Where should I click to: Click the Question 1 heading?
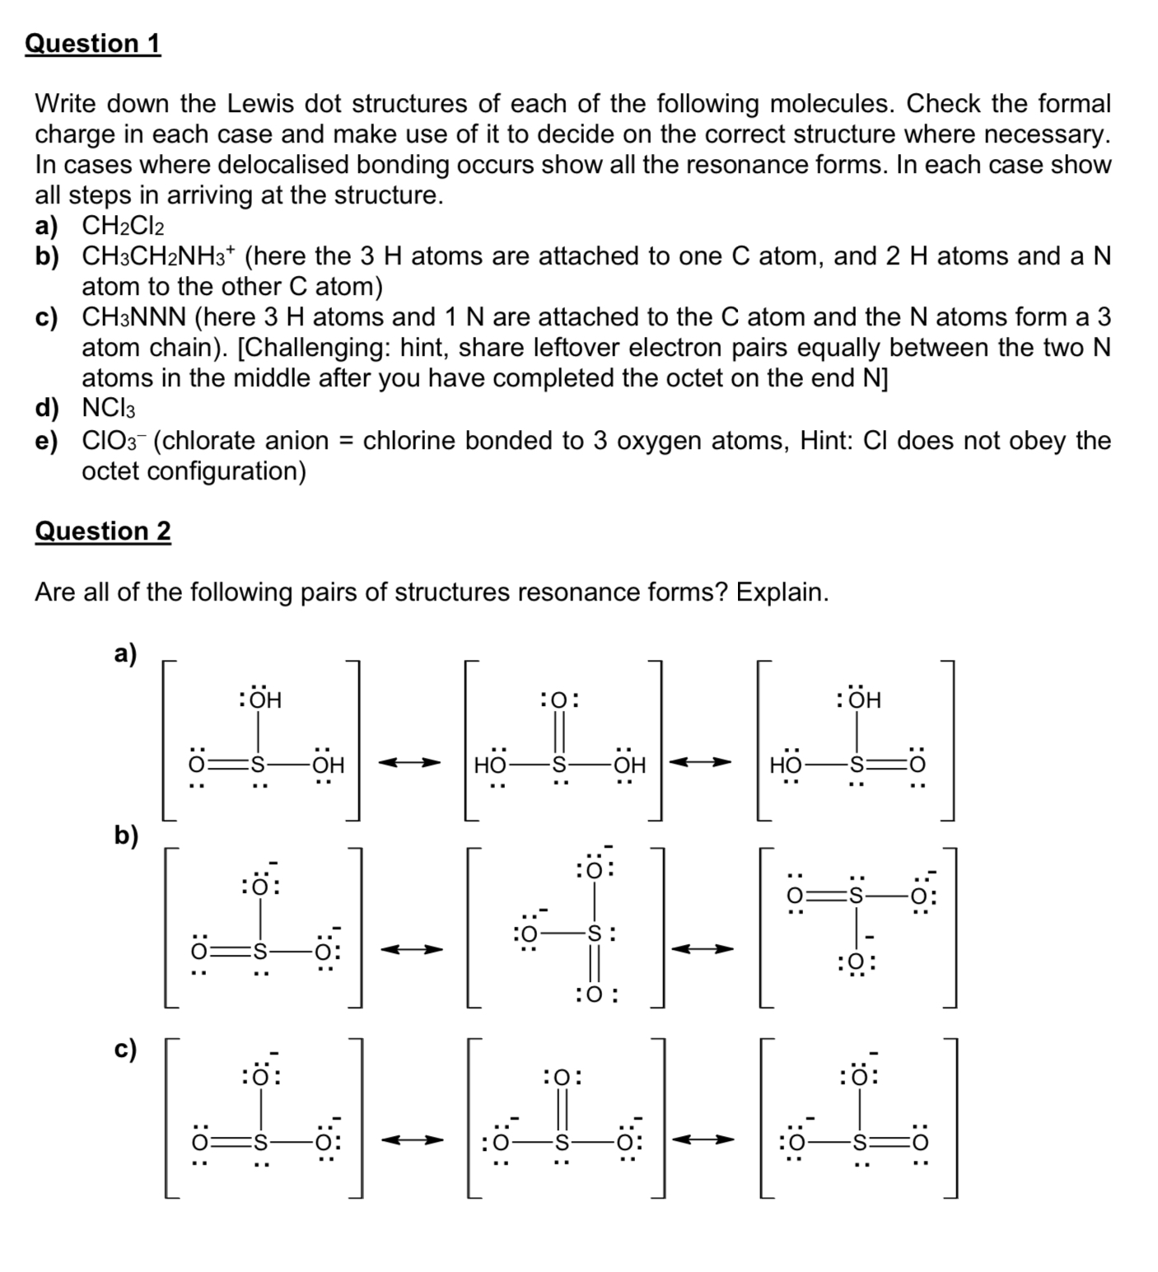[92, 43]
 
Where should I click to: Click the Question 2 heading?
[103, 531]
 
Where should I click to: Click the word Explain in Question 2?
[782, 592]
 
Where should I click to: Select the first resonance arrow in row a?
[409, 764]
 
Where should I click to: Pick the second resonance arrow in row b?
[702, 950]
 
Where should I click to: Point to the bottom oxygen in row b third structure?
[857, 962]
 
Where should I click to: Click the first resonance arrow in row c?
[411, 1141]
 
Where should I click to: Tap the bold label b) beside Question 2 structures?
[126, 835]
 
